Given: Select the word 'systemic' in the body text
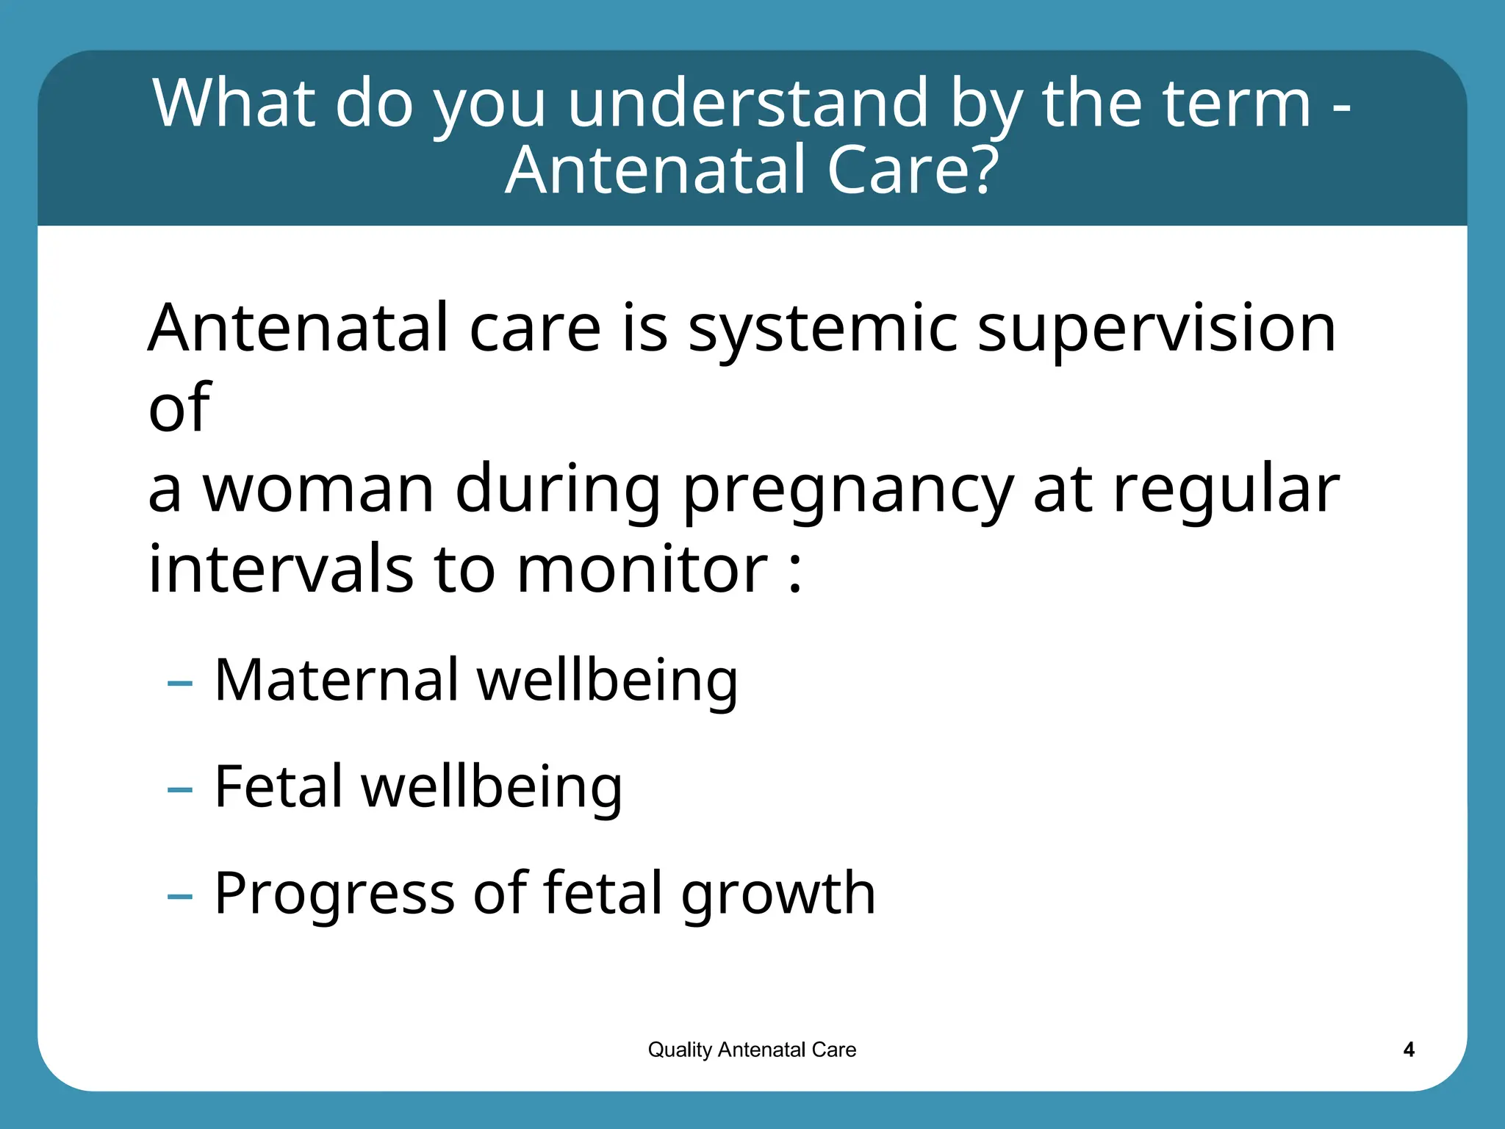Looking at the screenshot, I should pyautogui.click(x=822, y=329).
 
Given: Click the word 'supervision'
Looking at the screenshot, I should pyautogui.click(x=1156, y=329).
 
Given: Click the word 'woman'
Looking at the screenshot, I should pyautogui.click(x=317, y=490).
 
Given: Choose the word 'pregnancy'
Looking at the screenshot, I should pyautogui.click(x=847, y=491).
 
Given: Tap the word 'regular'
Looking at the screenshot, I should pyautogui.click(x=1225, y=491).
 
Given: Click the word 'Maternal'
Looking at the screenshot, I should pyautogui.click(x=336, y=680).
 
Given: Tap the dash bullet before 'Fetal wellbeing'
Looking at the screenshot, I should pyautogui.click(x=179, y=791).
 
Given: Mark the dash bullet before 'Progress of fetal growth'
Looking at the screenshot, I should pyautogui.click(x=179, y=897).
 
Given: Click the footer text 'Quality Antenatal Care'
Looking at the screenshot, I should pyautogui.click(x=752, y=1050).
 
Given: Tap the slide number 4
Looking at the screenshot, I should pyautogui.click(x=1408, y=1050).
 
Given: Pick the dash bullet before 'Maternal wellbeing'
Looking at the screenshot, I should pyautogui.click(x=179, y=684).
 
